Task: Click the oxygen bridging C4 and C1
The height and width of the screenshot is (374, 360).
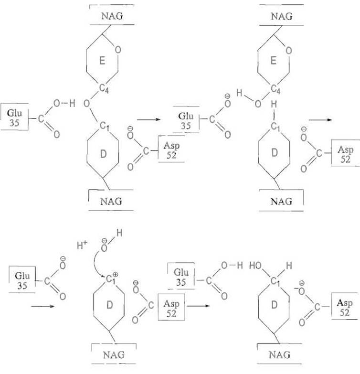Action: point(86,104)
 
